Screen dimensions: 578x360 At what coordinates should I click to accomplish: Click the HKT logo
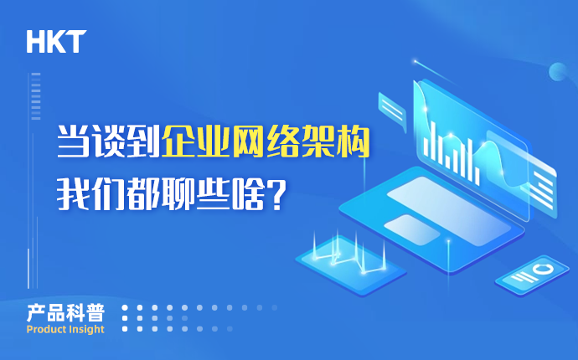click(56, 42)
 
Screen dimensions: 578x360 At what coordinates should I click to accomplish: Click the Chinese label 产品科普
click(65, 313)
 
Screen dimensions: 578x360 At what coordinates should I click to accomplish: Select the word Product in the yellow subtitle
click(45, 329)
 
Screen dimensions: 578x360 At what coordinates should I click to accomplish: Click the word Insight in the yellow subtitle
click(86, 329)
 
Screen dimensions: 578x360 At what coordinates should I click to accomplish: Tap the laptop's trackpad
click(412, 229)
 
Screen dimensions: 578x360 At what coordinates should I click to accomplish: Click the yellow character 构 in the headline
click(354, 141)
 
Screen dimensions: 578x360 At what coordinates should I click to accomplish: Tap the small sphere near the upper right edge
click(558, 71)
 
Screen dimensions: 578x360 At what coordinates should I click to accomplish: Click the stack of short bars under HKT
click(36, 96)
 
